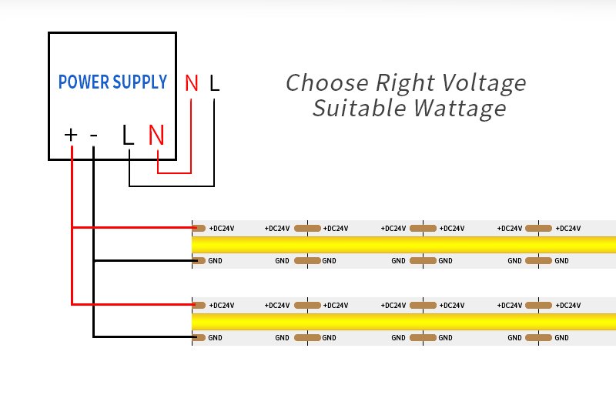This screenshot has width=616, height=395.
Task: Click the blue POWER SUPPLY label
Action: click(112, 82)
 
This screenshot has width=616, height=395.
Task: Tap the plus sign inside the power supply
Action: click(71, 135)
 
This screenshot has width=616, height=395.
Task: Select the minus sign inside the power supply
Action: click(93, 136)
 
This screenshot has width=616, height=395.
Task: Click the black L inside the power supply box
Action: click(128, 136)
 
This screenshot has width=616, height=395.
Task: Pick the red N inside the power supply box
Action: click(156, 136)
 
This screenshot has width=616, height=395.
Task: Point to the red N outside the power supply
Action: click(192, 83)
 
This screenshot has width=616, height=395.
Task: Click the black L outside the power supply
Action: click(214, 83)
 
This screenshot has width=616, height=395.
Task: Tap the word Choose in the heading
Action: click(327, 83)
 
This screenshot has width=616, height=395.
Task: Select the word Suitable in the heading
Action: click(359, 108)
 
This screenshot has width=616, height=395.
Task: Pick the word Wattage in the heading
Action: click(460, 109)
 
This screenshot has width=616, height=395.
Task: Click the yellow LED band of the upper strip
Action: click(403, 244)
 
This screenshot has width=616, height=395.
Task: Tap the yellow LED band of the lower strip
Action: click(403, 322)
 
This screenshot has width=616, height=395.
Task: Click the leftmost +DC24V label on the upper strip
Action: click(222, 229)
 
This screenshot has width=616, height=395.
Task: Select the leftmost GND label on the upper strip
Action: click(215, 260)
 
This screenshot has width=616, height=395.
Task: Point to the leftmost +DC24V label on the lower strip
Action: click(222, 306)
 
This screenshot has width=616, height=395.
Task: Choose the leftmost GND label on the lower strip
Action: click(215, 337)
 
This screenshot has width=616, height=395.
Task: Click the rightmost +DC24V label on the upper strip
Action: click(568, 229)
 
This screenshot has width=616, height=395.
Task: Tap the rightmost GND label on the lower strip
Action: click(561, 337)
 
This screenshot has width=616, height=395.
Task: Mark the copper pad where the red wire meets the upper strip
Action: click(199, 229)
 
